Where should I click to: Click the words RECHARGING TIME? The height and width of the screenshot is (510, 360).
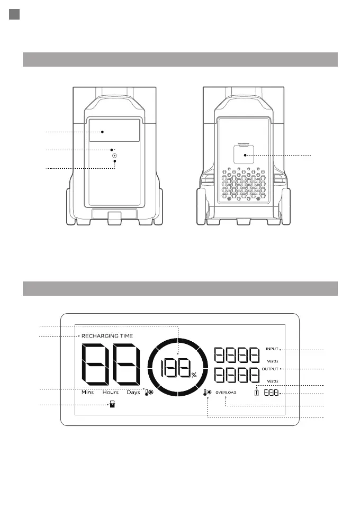[x=107, y=336]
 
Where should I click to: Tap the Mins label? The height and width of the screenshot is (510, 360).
[x=87, y=393]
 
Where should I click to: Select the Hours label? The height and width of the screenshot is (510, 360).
[x=111, y=393]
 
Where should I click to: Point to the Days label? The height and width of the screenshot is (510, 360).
[x=133, y=393]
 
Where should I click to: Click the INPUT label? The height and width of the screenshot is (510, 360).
[x=272, y=349]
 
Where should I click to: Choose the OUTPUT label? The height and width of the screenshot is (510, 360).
[x=271, y=368]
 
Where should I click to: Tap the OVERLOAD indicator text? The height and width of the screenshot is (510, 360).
[x=226, y=393]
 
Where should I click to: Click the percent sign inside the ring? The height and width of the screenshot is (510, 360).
[x=194, y=375]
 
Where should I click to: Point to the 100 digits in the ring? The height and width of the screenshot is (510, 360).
[x=176, y=367]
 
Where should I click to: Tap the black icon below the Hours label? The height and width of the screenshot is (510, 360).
[x=112, y=405]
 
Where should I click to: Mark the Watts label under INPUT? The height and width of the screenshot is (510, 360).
[x=273, y=361]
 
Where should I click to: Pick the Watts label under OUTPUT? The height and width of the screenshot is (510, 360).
[x=273, y=381]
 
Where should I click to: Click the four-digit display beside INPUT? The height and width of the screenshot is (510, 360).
[x=237, y=356]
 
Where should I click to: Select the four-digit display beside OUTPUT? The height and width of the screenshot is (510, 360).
[x=237, y=376]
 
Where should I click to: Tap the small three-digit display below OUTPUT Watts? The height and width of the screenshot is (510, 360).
[x=270, y=394]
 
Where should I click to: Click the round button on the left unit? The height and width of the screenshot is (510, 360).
[x=114, y=156]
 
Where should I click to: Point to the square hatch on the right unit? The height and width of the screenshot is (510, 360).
[x=244, y=154]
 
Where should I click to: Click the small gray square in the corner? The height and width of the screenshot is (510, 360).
[x=15, y=15]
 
